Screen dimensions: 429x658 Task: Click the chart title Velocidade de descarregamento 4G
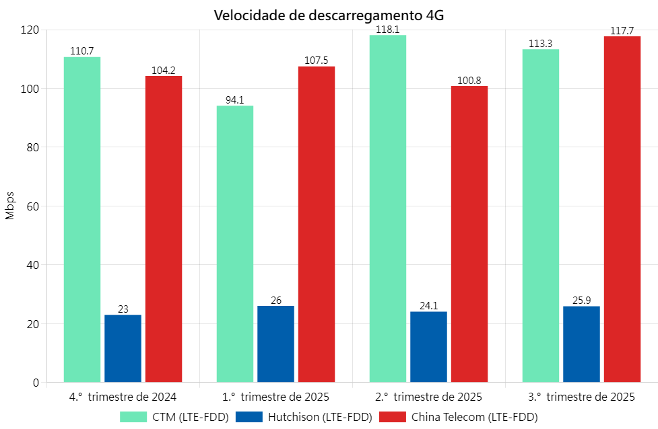point(329,15)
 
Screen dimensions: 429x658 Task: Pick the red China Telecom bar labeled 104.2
point(164,229)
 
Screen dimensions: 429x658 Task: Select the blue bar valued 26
point(275,344)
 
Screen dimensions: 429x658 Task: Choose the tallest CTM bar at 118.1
point(388,208)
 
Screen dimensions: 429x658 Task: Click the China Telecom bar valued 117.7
point(622,209)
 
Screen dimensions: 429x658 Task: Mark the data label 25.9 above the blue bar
point(581,300)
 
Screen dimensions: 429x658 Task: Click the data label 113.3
point(541,44)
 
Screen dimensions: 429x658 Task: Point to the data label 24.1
point(428,305)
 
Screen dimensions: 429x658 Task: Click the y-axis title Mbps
point(9,206)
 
